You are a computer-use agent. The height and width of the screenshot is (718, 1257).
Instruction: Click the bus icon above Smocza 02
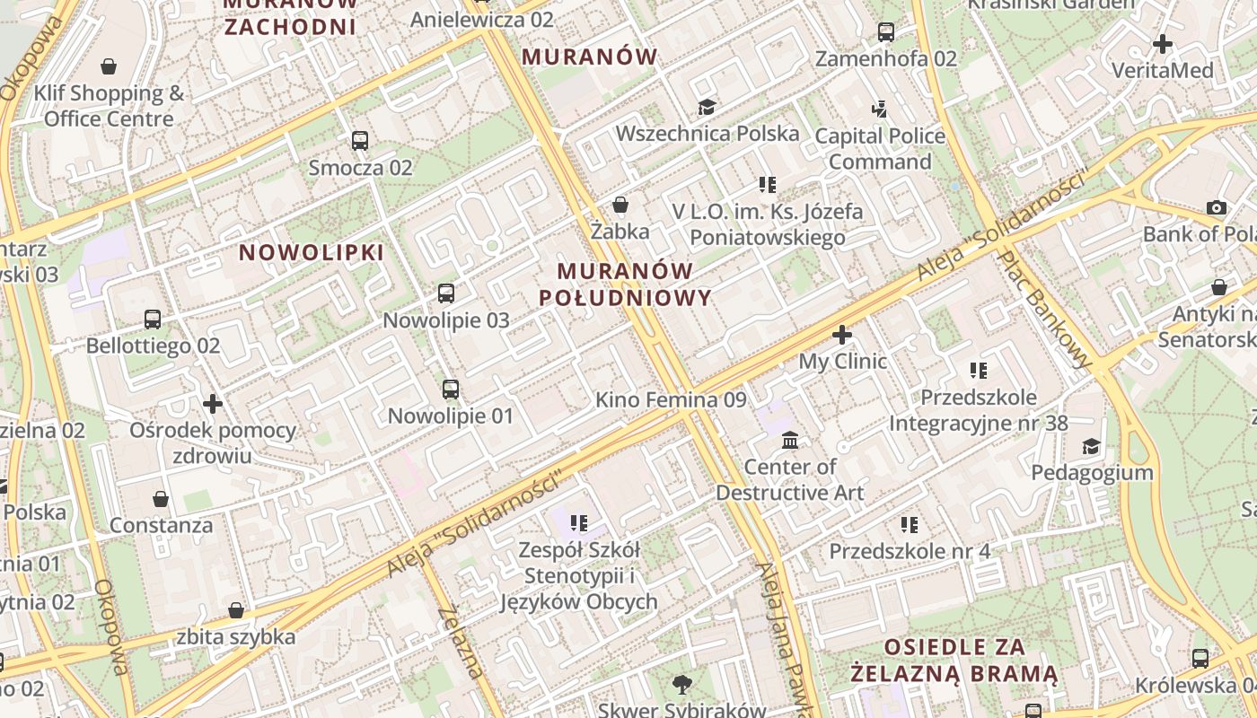coord(360,141)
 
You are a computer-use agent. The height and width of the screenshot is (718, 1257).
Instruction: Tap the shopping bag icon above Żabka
coord(620,206)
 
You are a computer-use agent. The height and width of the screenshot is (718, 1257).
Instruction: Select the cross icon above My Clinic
coord(842,336)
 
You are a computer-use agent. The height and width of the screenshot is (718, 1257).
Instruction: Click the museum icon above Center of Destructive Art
coord(790,441)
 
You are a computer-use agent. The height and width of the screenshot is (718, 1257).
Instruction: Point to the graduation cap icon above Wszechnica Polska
coord(708,108)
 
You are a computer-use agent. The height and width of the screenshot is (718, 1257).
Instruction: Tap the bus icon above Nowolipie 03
coord(446,293)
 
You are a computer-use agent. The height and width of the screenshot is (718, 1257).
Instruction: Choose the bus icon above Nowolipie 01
coord(451,390)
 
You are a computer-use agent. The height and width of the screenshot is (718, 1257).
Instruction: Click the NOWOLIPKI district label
coord(312,253)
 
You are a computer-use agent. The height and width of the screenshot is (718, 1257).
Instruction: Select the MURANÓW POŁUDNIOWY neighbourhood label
coord(626,285)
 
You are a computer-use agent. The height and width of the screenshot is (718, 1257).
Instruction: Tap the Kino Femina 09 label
coord(671,400)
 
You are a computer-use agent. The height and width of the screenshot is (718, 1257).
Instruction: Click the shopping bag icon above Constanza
coord(161,499)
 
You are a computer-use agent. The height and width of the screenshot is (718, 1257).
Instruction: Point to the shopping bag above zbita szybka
coord(236,611)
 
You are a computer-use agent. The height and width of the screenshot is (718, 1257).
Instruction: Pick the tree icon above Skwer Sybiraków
coord(682,685)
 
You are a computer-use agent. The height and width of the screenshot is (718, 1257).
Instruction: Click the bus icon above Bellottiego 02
coord(153,320)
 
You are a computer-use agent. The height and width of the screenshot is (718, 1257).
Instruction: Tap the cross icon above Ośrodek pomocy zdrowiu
coord(213,404)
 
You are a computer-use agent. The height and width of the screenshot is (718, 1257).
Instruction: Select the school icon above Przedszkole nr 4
coord(910,524)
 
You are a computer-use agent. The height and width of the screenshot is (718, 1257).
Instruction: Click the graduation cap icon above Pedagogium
coord(1091,446)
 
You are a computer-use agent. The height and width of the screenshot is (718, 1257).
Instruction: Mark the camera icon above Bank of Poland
coord(1217,208)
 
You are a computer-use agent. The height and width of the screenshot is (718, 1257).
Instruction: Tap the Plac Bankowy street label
coord(1046,309)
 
